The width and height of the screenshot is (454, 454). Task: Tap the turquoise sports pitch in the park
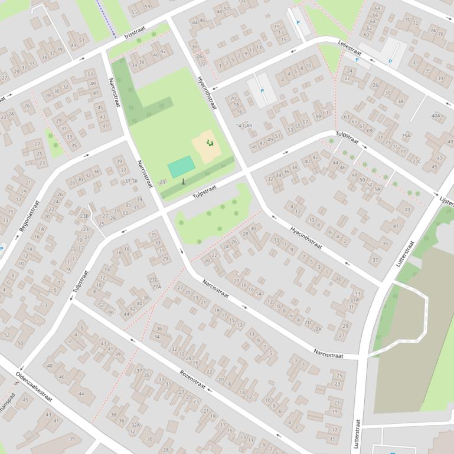tap(181, 166)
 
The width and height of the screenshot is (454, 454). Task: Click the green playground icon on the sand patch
tap(209, 143)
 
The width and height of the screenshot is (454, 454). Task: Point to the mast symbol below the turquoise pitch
tap(183, 181)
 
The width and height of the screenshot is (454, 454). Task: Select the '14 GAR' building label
tap(244, 126)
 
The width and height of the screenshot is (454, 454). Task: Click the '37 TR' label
tap(131, 181)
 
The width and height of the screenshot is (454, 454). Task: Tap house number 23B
tap(84, 216)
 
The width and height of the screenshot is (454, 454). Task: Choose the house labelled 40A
tap(436, 116)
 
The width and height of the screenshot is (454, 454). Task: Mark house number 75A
tap(406, 136)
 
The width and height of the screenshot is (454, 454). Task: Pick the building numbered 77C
tap(416, 161)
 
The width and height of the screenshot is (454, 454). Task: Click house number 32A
tap(136, 425)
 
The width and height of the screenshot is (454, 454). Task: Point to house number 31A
tap(354, 300)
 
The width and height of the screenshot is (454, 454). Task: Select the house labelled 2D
tap(307, 322)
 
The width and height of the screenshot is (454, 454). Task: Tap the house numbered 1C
tap(338, 279)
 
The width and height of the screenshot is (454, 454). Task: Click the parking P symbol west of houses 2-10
tap(262, 91)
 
